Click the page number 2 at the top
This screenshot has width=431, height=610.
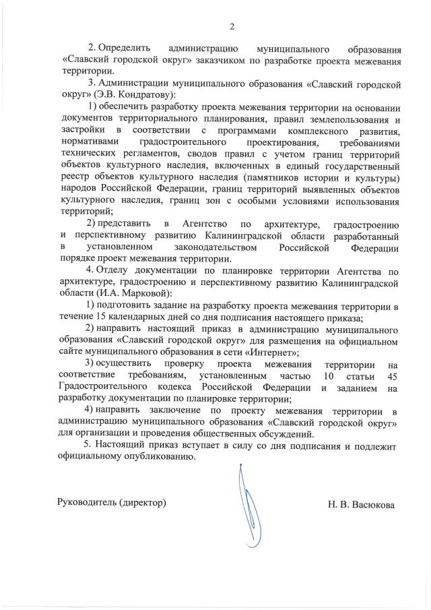tap(232, 27)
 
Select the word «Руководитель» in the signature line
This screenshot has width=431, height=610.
tap(86, 504)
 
